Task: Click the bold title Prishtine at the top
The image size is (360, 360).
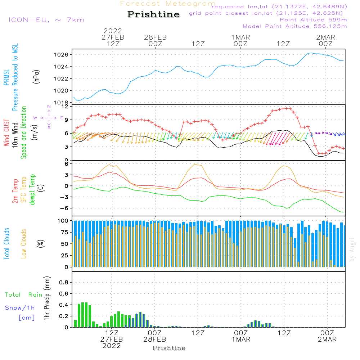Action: [x=153, y=14]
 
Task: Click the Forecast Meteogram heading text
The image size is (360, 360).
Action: [x=168, y=4]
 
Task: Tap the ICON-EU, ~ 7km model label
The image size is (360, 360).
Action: [x=46, y=19]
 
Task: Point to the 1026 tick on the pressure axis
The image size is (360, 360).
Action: [x=64, y=55]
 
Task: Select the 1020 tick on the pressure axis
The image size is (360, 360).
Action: [x=64, y=90]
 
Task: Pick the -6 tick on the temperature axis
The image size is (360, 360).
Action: [x=66, y=208]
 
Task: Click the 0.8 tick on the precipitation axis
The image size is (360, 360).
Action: [x=64, y=283]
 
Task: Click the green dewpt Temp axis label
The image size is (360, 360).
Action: [x=33, y=190]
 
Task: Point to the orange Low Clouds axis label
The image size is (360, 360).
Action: [x=24, y=244]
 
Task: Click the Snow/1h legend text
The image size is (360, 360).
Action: [x=20, y=308]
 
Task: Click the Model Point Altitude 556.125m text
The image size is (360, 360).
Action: [x=295, y=26]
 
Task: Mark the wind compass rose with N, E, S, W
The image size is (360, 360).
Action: [x=49, y=118]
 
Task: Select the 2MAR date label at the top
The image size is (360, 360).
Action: [x=326, y=37]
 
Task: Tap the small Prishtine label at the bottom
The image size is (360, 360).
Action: [x=169, y=348]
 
